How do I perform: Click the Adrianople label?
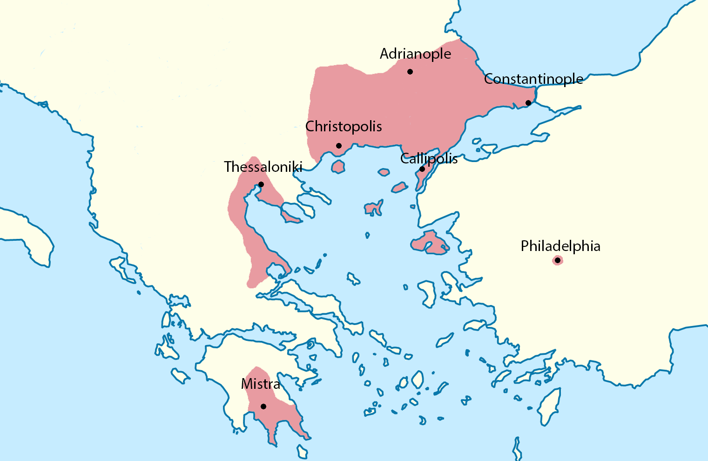[415, 54]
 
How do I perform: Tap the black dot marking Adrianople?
[410, 72]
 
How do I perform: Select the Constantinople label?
[533, 79]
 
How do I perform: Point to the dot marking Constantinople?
[528, 103]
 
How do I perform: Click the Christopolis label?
[344, 127]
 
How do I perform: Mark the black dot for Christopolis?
[339, 146]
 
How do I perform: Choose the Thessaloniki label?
[263, 167]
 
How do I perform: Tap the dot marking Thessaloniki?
[261, 184]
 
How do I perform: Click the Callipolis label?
[429, 159]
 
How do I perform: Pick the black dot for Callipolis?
[422, 169]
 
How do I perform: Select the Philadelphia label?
[560, 246]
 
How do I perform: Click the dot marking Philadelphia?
[557, 260]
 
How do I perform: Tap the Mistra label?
[261, 384]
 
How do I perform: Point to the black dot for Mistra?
[263, 407]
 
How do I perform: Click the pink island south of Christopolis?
[338, 166]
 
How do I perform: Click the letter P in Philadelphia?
[525, 246]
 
